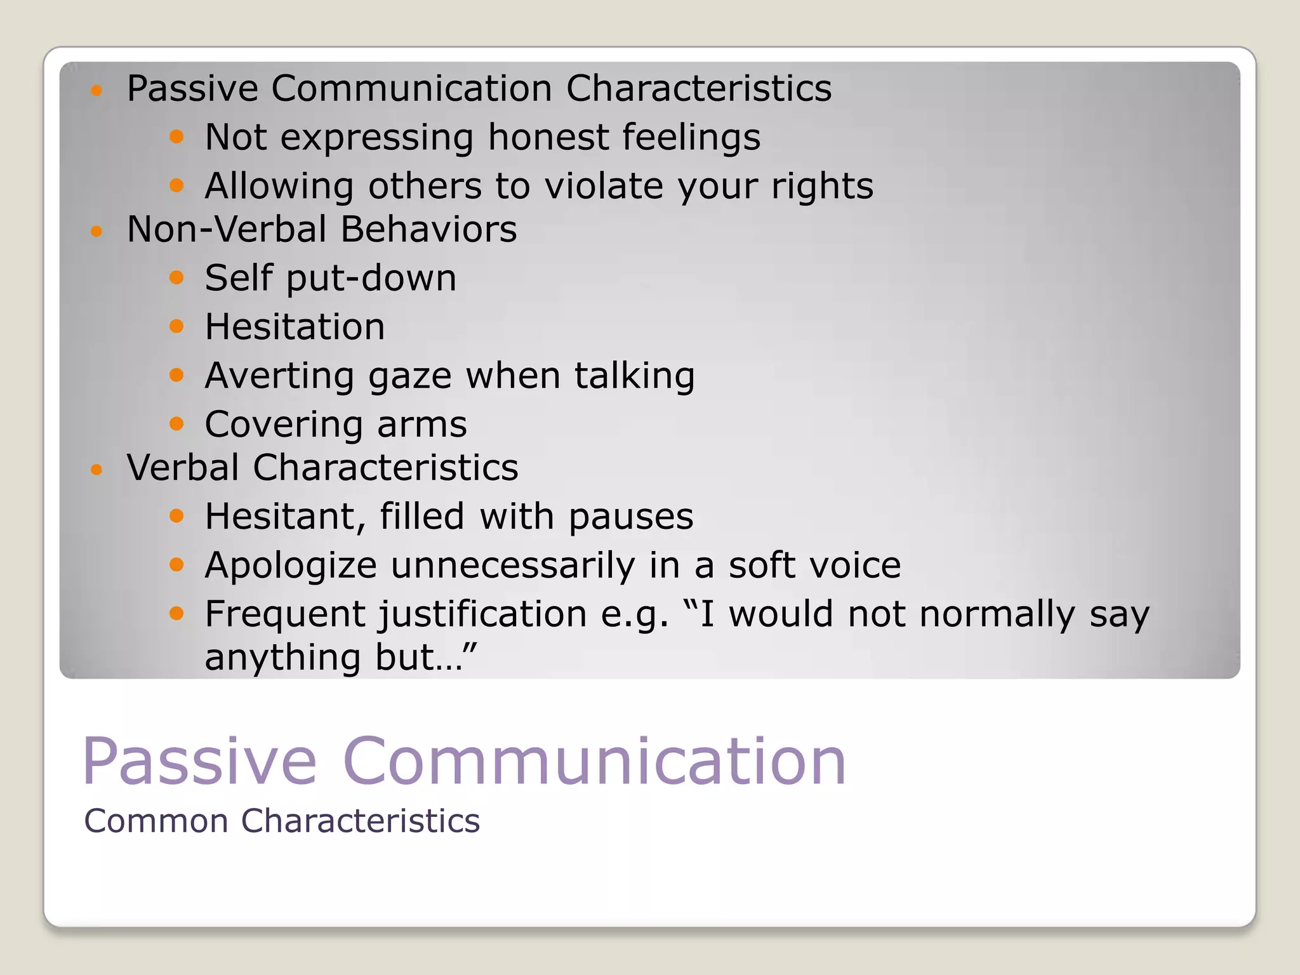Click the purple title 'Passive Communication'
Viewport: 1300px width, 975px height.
point(464,761)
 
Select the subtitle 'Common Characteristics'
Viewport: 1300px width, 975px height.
point(282,821)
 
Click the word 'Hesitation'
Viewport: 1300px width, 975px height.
point(295,327)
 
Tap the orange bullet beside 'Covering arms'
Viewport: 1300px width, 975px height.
point(176,423)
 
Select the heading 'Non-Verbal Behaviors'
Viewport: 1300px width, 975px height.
point(322,229)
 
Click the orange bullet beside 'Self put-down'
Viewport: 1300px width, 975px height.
point(176,277)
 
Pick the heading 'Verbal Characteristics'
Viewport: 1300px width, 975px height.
point(322,468)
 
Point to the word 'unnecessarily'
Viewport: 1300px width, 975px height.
point(512,565)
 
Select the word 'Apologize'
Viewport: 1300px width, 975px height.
point(291,565)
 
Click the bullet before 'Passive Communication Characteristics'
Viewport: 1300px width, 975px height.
point(96,90)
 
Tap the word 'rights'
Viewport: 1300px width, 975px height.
point(822,186)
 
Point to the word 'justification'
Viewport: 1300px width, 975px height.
point(483,614)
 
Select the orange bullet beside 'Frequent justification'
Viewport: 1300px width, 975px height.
point(176,613)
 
